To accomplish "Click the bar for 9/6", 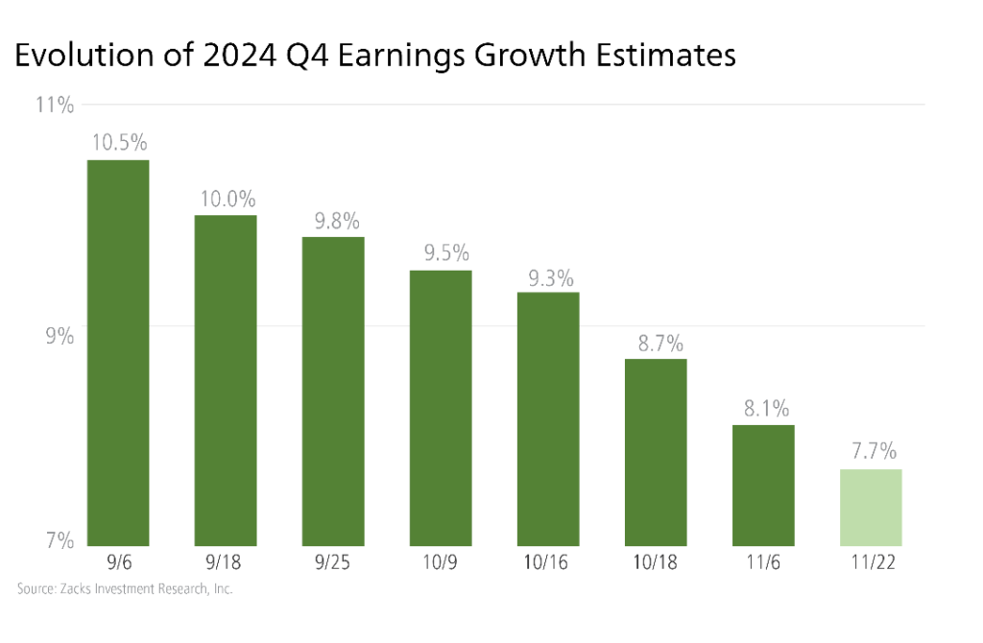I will point(118,352).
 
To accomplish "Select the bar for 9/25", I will point(333,391).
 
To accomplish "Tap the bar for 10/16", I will point(548,418).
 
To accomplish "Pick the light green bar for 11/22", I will point(871,507).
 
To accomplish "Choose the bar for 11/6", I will point(763,485).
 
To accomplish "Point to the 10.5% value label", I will point(119,144).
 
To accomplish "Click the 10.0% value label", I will point(227,200).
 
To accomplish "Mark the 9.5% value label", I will point(442,254).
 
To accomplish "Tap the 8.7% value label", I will point(657,343).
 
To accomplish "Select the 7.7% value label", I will point(871,452).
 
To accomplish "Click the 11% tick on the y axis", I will point(55,105).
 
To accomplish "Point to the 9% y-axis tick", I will point(59,336).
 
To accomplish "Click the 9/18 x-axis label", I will point(226,562).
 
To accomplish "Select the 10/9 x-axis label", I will point(441,562).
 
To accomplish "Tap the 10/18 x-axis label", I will point(656,562).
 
